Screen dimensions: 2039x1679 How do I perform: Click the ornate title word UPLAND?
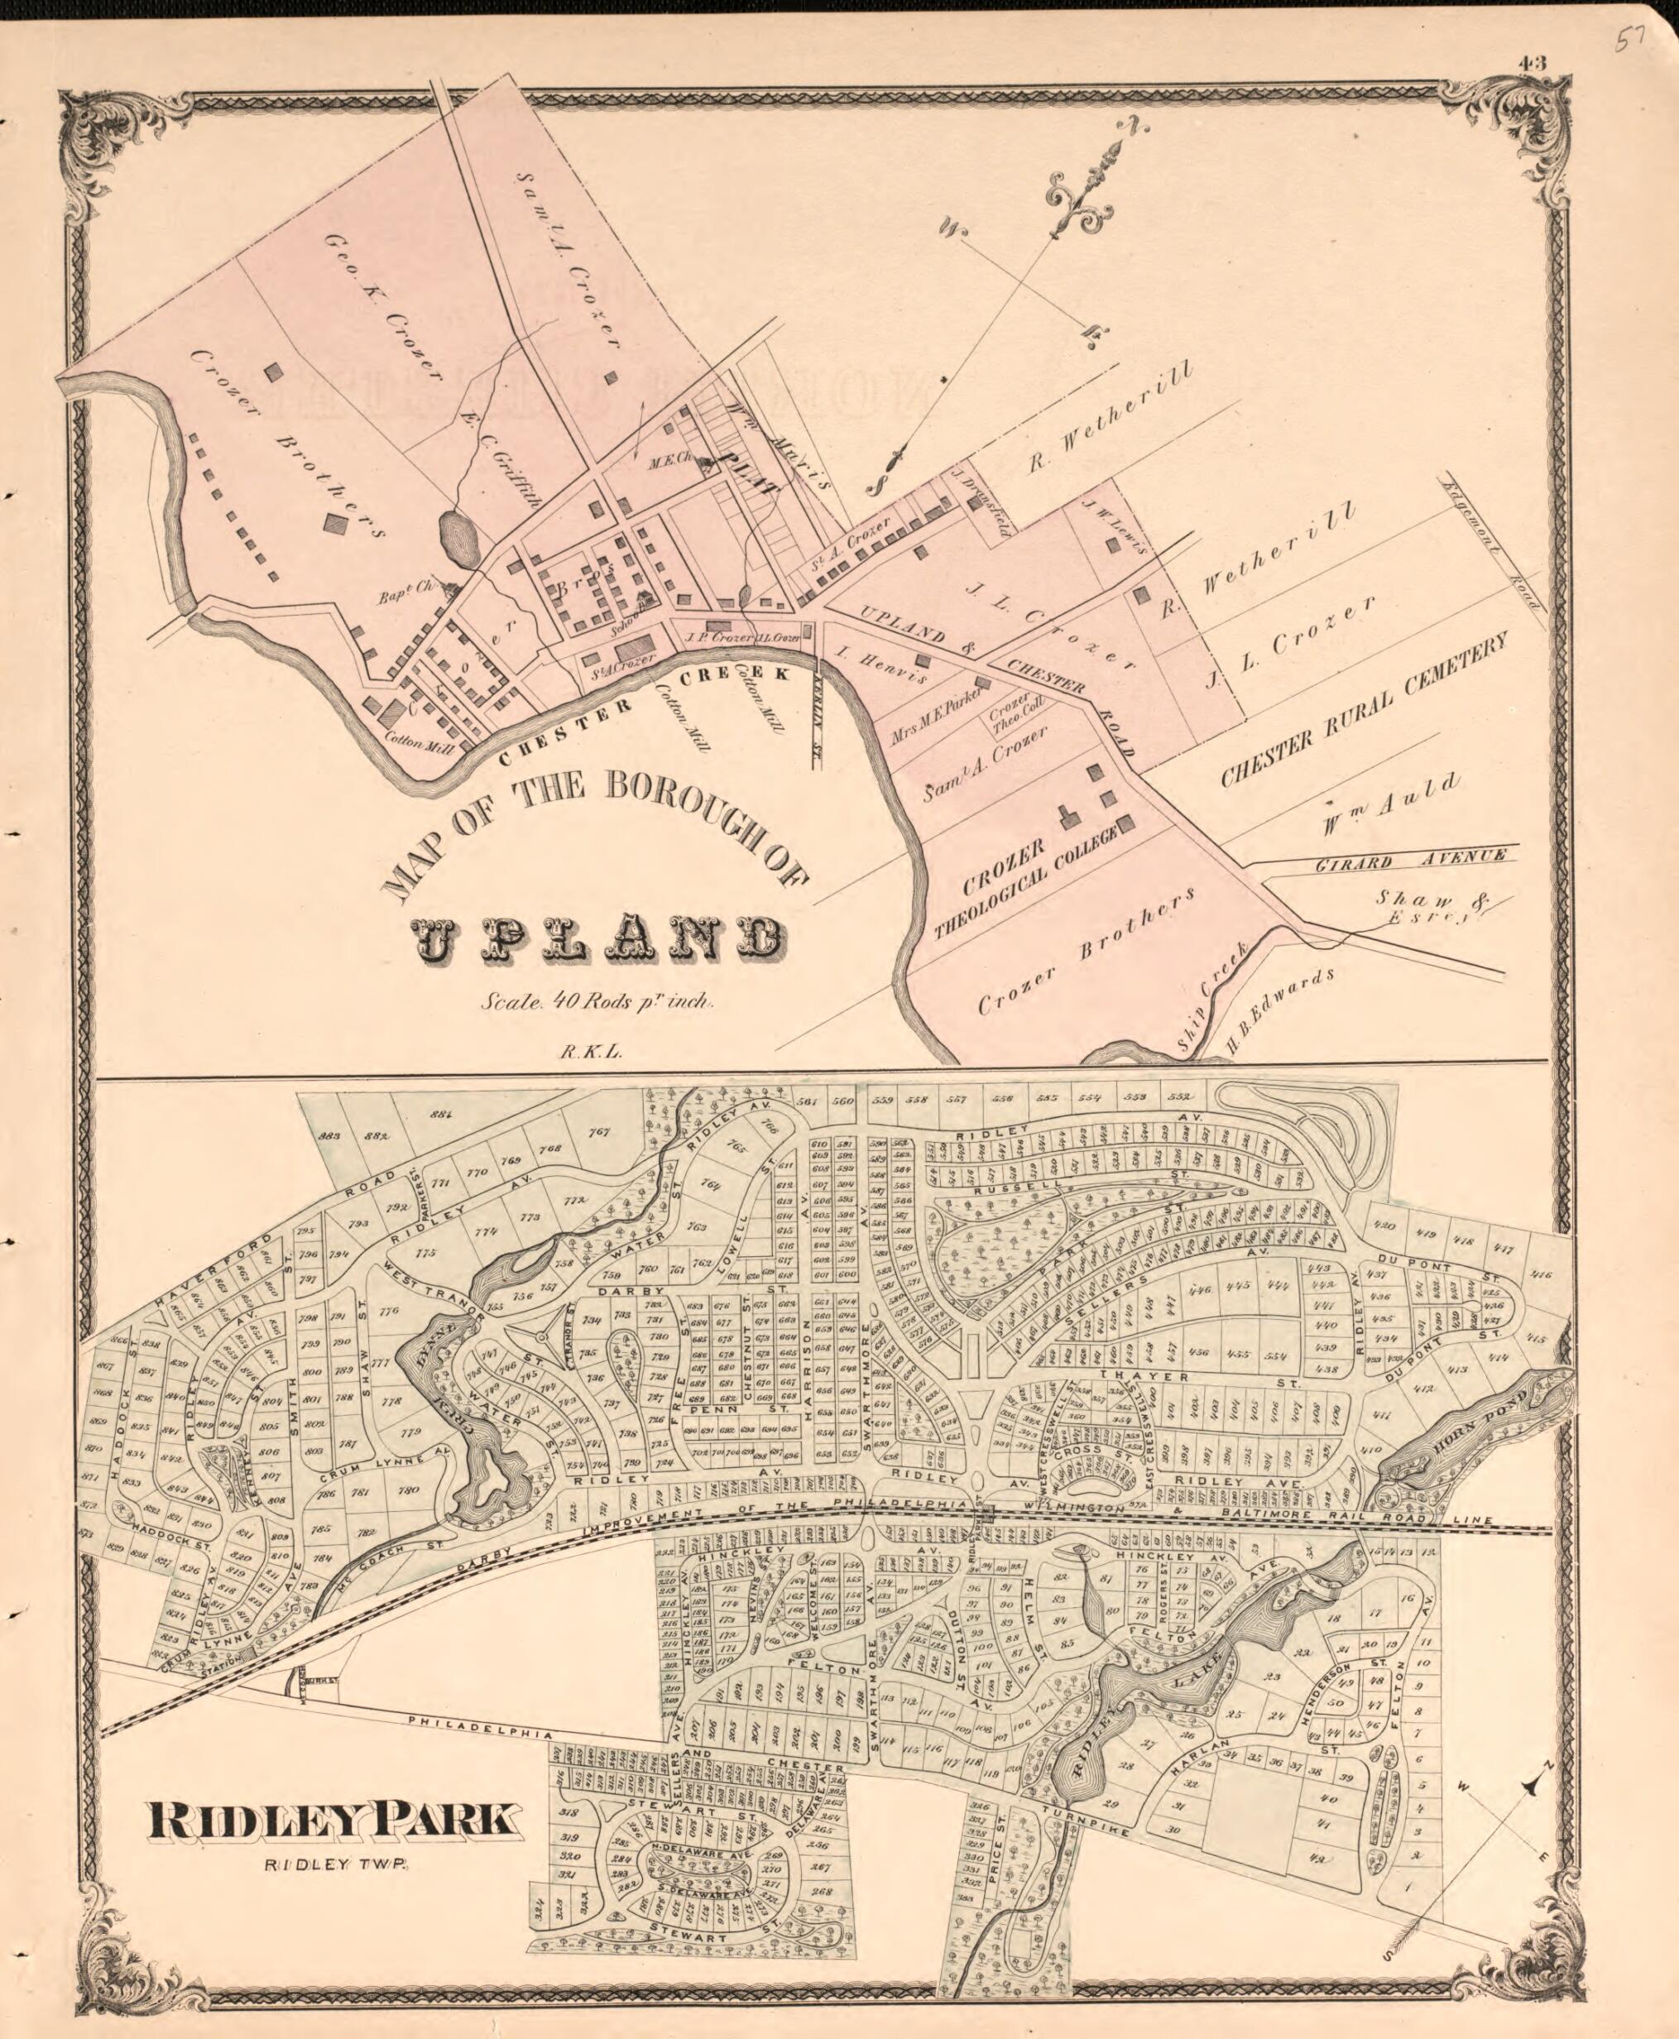click(597, 939)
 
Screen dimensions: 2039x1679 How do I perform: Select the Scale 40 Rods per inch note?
click(597, 1003)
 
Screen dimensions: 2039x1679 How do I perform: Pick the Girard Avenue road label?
click(1411, 857)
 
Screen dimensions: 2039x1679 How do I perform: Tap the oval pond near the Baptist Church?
click(459, 539)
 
